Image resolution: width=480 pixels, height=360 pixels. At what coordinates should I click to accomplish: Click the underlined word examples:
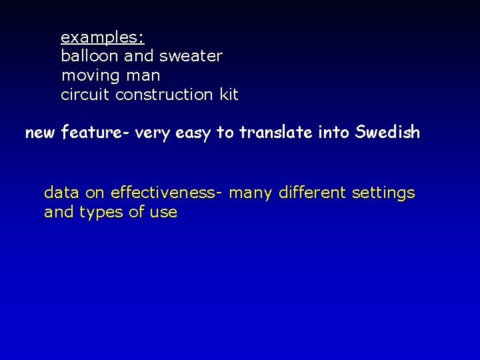point(103,36)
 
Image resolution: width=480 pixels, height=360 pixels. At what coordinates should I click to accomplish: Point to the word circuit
point(85,95)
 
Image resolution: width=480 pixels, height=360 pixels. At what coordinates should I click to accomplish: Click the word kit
point(229,95)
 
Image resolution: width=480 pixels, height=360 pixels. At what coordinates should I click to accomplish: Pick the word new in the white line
point(41,133)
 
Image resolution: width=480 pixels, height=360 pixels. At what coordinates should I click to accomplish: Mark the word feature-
point(95,133)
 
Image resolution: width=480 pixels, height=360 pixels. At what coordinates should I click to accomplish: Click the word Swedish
point(388,132)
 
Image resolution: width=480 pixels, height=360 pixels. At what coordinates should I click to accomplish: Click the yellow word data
point(62,193)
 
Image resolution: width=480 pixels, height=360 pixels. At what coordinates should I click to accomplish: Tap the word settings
point(383,194)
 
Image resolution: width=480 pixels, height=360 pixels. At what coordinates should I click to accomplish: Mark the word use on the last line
point(164,213)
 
